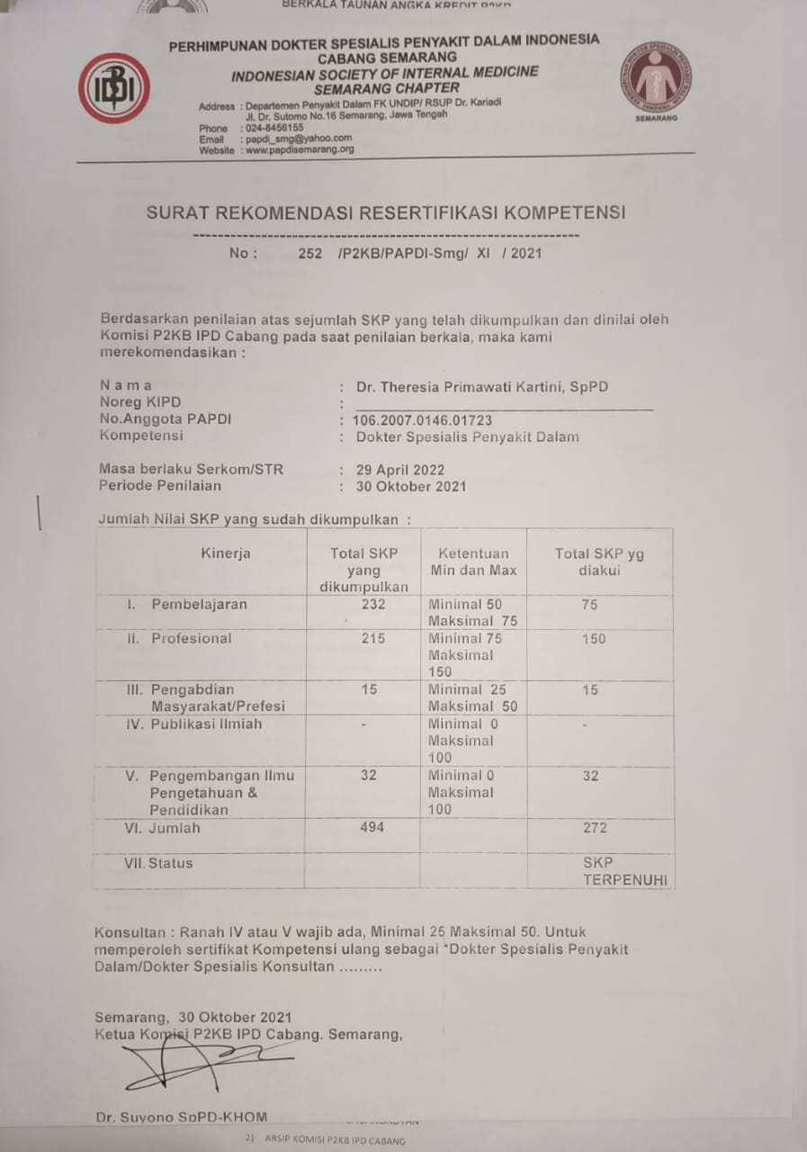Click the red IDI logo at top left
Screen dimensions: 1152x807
click(113, 88)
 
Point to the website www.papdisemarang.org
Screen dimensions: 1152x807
click(299, 149)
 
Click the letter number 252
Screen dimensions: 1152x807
click(309, 254)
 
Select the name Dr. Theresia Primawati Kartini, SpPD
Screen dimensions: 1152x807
click(481, 387)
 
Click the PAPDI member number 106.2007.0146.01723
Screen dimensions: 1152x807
click(422, 420)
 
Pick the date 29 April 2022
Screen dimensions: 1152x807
click(400, 470)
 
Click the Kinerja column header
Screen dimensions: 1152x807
click(226, 553)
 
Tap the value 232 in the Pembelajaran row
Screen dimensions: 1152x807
click(372, 605)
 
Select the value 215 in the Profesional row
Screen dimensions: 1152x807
click(372, 639)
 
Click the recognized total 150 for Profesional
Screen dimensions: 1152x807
click(594, 639)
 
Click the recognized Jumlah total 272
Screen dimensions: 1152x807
click(595, 828)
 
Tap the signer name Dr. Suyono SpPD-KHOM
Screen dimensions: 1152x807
click(181, 1117)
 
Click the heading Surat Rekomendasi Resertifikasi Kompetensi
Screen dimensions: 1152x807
click(386, 213)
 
